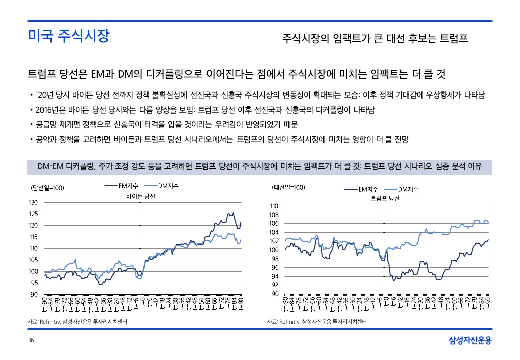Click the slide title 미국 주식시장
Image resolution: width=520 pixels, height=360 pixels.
(x=68, y=36)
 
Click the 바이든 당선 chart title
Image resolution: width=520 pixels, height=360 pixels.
(x=141, y=196)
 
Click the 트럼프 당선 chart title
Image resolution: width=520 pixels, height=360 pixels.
(x=385, y=198)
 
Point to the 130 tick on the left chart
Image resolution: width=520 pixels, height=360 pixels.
(x=33, y=203)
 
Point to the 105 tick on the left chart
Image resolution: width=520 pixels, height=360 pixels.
(x=33, y=260)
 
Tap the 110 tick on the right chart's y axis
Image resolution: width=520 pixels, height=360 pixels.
(x=274, y=206)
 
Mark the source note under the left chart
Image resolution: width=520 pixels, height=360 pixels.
(x=77, y=322)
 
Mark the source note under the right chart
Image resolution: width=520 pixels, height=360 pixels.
(x=317, y=322)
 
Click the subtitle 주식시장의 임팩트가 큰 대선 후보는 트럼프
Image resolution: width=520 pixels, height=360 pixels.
(x=375, y=38)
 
